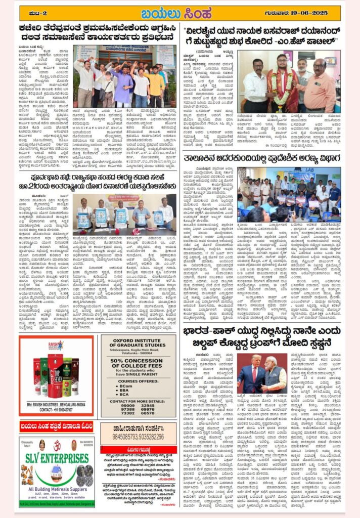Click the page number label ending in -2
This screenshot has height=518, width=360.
point(37,12)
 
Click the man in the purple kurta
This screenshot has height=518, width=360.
point(123,83)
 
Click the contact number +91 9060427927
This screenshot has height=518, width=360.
point(57,411)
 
